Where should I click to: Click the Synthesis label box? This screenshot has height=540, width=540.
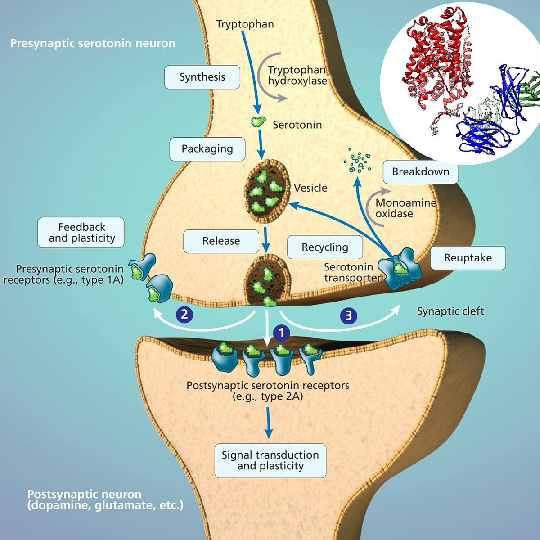(202, 77)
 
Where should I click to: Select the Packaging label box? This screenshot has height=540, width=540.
(207, 149)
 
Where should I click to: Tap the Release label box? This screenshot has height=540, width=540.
(221, 241)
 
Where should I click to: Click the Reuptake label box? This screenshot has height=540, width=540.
(468, 258)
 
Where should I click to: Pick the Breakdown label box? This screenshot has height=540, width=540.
(420, 172)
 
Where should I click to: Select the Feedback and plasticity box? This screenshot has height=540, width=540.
(81, 232)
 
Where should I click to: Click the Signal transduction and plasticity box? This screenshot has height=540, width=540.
(270, 460)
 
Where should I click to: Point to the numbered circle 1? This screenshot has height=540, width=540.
(282, 333)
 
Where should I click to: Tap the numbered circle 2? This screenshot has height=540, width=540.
(184, 315)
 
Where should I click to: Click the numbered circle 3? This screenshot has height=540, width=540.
(349, 315)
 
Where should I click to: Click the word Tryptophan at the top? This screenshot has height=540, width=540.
(245, 24)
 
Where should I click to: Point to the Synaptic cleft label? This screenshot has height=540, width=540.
(450, 311)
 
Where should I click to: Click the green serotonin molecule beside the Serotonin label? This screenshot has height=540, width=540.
(258, 121)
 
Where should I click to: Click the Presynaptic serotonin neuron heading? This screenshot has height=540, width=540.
(93, 44)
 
